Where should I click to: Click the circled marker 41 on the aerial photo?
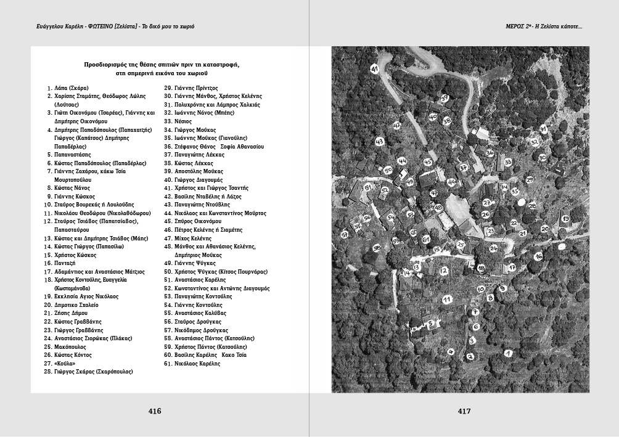[375, 69]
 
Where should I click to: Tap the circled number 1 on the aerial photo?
[508, 353]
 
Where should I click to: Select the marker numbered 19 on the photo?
[564, 219]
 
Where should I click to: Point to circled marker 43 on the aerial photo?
[379, 141]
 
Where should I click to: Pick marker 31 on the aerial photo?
[543, 129]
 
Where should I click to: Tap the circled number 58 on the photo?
[377, 248]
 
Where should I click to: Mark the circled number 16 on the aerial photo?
[538, 256]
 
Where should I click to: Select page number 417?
[464, 411]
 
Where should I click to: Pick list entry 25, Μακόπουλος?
[70, 347]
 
